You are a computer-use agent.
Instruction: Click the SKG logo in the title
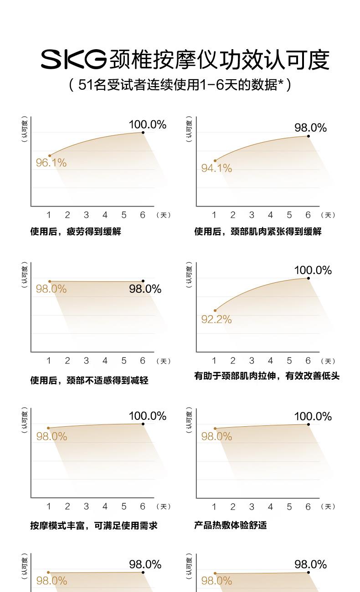click(74, 60)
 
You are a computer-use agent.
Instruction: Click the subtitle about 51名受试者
click(180, 85)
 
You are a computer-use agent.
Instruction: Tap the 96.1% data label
click(51, 163)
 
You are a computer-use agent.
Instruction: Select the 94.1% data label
click(216, 168)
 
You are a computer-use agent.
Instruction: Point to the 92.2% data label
click(216, 320)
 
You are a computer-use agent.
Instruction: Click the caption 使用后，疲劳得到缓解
click(76, 232)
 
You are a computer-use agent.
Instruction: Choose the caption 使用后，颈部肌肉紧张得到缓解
click(258, 232)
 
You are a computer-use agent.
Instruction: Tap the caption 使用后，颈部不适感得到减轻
click(89, 380)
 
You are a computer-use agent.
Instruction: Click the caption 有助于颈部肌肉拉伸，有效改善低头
click(267, 376)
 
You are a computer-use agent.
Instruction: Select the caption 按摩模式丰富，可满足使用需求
click(94, 526)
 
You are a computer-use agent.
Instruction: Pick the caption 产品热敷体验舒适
click(231, 526)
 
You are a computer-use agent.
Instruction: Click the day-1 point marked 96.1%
click(50, 156)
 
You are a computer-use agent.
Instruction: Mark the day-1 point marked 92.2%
click(215, 311)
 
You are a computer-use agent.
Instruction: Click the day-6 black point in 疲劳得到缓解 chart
click(143, 133)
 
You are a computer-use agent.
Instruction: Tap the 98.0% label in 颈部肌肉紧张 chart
click(310, 128)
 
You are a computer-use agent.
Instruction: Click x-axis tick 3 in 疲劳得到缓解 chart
click(86, 215)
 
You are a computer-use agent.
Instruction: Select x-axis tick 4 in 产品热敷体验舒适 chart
click(270, 507)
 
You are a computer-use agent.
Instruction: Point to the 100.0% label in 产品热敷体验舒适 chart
click(313, 416)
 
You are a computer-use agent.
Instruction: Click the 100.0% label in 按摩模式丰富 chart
click(147, 416)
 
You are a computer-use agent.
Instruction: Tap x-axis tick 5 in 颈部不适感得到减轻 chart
click(124, 361)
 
